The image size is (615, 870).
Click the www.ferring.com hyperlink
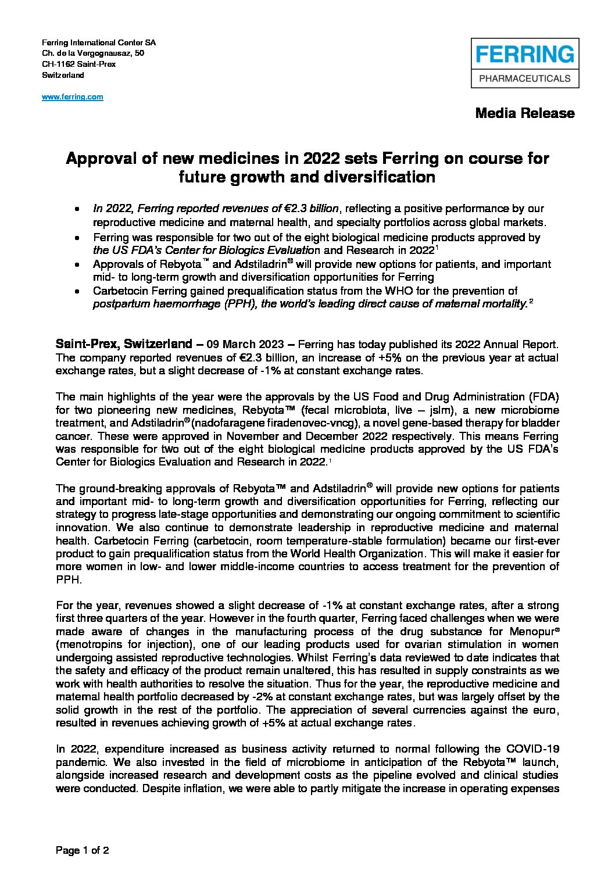coord(73,97)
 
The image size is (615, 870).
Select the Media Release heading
coord(525,113)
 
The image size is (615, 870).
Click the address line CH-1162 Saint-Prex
coord(78,64)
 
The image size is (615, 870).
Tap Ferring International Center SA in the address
coord(99,43)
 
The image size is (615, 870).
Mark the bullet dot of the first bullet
coord(77,209)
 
